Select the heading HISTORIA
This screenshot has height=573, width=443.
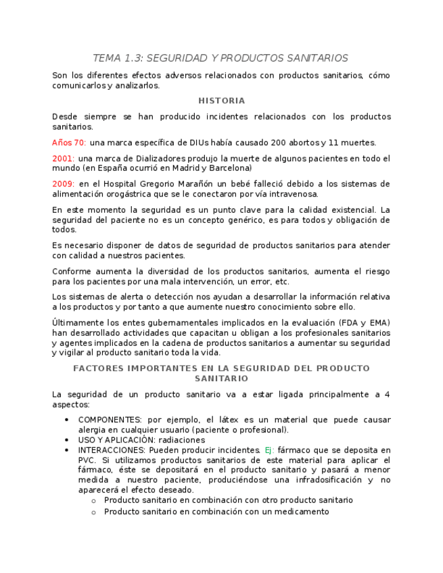pyautogui.click(x=221, y=101)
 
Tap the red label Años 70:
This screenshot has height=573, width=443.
pyautogui.click(x=69, y=143)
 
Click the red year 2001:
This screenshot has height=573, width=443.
pyautogui.click(x=64, y=158)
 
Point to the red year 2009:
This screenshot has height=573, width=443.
pyautogui.click(x=64, y=184)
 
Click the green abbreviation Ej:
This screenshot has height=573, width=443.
pyautogui.click(x=269, y=450)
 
